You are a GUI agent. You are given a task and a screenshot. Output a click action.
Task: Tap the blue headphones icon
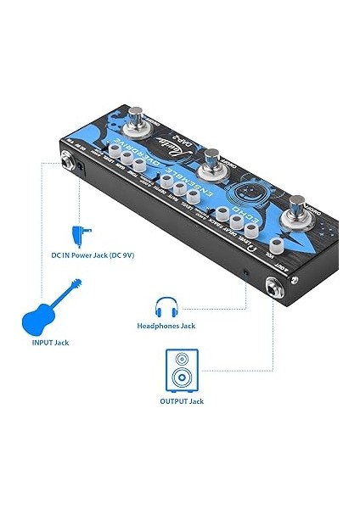pos(166,306)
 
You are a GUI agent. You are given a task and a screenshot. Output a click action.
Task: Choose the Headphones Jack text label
pos(166,325)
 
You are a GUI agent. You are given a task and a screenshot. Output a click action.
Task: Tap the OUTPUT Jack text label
pos(182,400)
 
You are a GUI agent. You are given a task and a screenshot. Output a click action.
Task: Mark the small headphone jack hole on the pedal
pos(246,272)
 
